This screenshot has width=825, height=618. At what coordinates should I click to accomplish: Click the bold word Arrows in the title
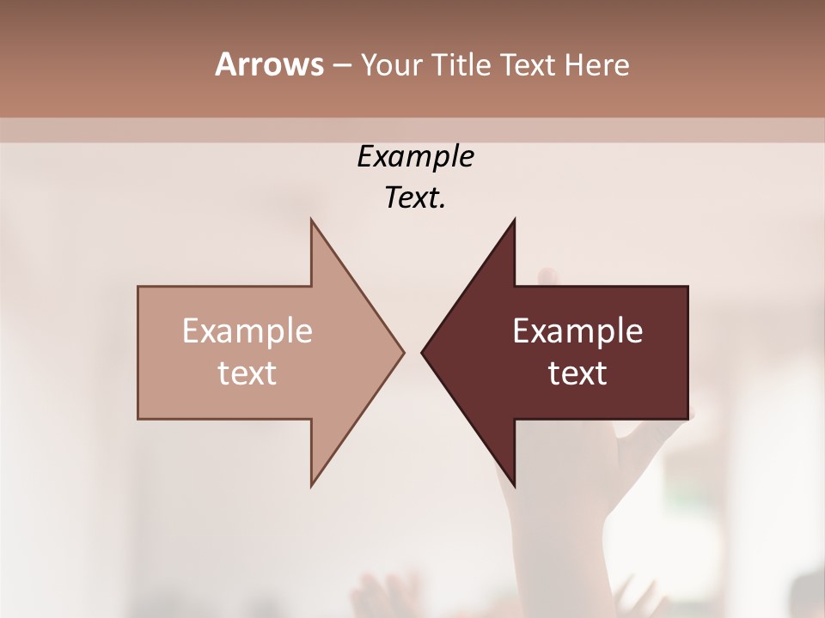point(269,65)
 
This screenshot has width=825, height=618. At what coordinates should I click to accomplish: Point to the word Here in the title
point(596,65)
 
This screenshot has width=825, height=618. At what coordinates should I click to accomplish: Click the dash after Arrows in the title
point(341,66)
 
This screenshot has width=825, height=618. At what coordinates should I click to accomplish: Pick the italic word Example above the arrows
point(415,157)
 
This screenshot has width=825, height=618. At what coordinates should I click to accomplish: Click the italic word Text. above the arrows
point(415,198)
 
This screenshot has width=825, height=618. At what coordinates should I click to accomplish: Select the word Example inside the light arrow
point(247,331)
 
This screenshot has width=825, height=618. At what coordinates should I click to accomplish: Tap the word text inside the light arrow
point(247,373)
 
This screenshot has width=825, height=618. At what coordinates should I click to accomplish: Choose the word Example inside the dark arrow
point(577,331)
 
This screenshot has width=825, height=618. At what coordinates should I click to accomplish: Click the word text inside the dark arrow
point(577,373)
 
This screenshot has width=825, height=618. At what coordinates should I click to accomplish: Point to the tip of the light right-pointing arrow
point(404,352)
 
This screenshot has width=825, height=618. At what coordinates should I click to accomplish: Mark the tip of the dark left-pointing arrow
point(422,352)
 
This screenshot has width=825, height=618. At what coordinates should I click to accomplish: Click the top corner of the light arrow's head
point(312,220)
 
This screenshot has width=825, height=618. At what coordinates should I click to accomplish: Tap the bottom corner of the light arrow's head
point(312,486)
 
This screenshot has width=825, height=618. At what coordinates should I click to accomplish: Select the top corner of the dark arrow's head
point(514,220)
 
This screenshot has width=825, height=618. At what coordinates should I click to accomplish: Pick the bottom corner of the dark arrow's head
point(514,486)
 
